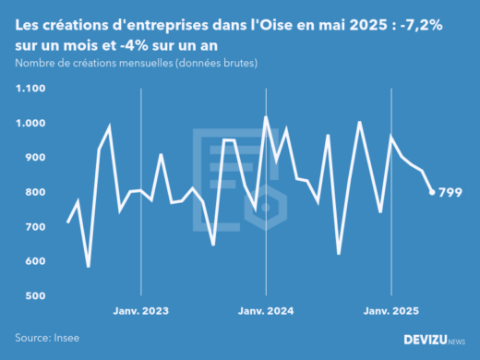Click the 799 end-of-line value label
(x=450, y=192)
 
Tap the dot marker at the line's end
(x=432, y=192)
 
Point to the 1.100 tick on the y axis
(x=30, y=89)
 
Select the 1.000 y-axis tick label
(x=30, y=123)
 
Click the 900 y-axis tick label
(x=34, y=158)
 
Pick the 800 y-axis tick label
(x=34, y=192)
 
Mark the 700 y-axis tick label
(x=34, y=227)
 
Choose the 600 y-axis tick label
(x=34, y=261)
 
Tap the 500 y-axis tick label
(x=34, y=296)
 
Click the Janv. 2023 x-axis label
(x=140, y=311)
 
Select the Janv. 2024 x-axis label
(x=266, y=311)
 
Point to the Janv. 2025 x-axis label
(x=390, y=311)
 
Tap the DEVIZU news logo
(x=435, y=340)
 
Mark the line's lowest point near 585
(x=89, y=266)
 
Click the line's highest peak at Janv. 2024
(x=266, y=117)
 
